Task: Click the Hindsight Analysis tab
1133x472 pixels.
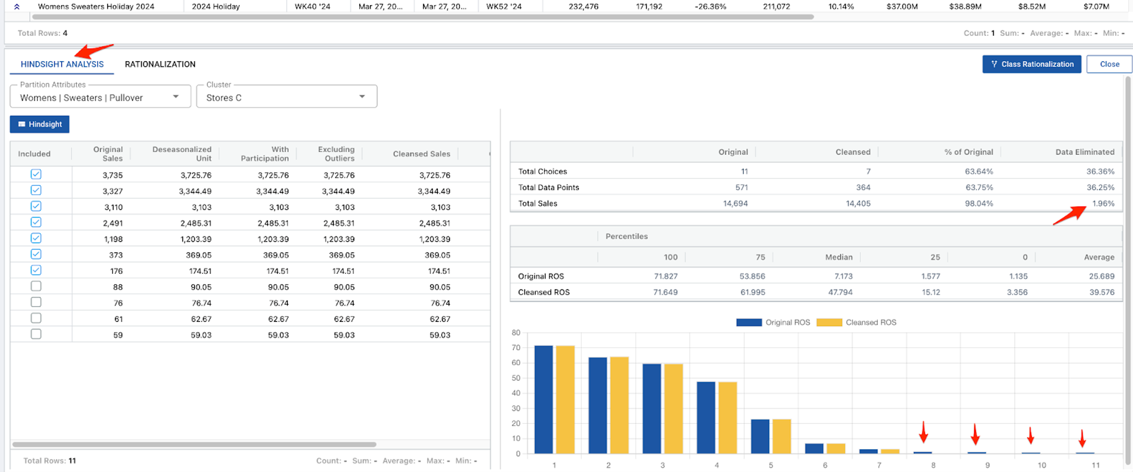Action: tap(62, 64)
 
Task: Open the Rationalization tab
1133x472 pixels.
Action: tap(160, 64)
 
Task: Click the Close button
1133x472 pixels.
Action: tap(1109, 64)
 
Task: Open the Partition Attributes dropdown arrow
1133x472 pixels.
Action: tap(176, 97)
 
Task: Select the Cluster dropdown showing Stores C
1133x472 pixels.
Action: tap(286, 97)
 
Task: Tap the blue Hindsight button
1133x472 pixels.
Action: tap(40, 124)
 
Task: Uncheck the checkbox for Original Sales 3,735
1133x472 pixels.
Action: tap(36, 175)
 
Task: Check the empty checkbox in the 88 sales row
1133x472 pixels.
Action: tap(36, 286)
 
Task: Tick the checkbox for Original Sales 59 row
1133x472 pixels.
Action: tap(36, 334)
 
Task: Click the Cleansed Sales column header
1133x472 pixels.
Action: tap(421, 154)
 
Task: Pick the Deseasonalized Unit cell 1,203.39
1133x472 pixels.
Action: tap(195, 239)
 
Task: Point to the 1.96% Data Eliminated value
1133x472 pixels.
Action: tap(1102, 203)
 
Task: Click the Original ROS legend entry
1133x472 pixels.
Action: tap(773, 322)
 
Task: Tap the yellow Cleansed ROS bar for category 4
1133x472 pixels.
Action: tap(727, 417)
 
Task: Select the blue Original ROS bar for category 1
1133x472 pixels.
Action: tap(543, 399)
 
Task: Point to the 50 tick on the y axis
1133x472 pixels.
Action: tap(516, 378)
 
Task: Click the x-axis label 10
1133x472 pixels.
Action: tap(1041, 465)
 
